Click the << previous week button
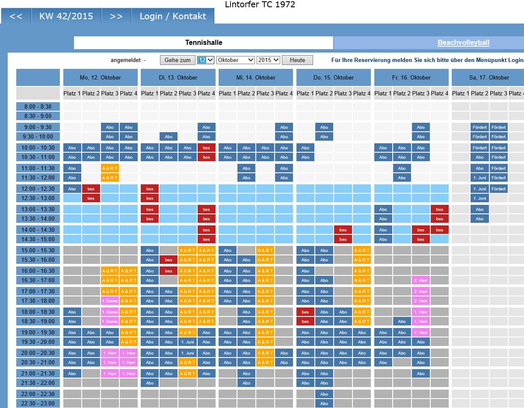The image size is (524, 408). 16,16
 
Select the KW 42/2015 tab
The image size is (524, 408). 66,16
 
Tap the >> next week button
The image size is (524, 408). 116,16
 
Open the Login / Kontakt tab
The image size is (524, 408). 173,16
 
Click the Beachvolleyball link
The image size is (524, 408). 463,43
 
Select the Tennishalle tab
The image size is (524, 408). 204,43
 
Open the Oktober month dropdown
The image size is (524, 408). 236,60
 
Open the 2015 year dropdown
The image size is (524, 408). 268,60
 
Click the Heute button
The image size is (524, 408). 297,60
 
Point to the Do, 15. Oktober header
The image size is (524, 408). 334,78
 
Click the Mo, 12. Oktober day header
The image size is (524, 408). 101,78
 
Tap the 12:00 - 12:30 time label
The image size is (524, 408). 38,189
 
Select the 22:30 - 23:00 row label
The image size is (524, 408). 38,403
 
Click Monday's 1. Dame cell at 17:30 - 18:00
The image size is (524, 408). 110,301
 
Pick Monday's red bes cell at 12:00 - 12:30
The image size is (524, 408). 91,189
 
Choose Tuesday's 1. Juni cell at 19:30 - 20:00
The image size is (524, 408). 187,342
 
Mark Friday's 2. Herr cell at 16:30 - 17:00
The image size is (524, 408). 421,280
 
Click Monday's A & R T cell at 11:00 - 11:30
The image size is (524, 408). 110,168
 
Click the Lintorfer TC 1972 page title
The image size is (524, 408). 260,5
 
